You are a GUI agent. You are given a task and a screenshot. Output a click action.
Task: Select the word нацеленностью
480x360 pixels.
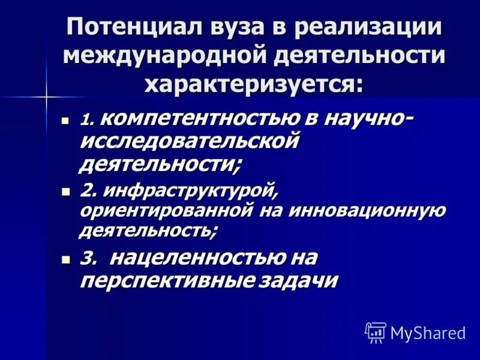pos(198,258)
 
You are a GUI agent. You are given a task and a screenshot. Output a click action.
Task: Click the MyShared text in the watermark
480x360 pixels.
pos(428,331)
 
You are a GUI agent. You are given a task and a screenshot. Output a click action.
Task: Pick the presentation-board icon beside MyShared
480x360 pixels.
pos(375,331)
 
